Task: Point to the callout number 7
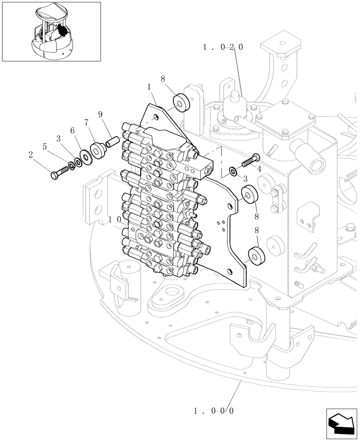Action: [x=86, y=122]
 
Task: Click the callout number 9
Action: [x=101, y=114]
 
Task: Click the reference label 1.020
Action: [x=223, y=47]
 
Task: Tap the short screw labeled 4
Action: [x=250, y=161]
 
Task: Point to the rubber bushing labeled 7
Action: [x=97, y=149]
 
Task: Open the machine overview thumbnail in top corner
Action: [x=51, y=31]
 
